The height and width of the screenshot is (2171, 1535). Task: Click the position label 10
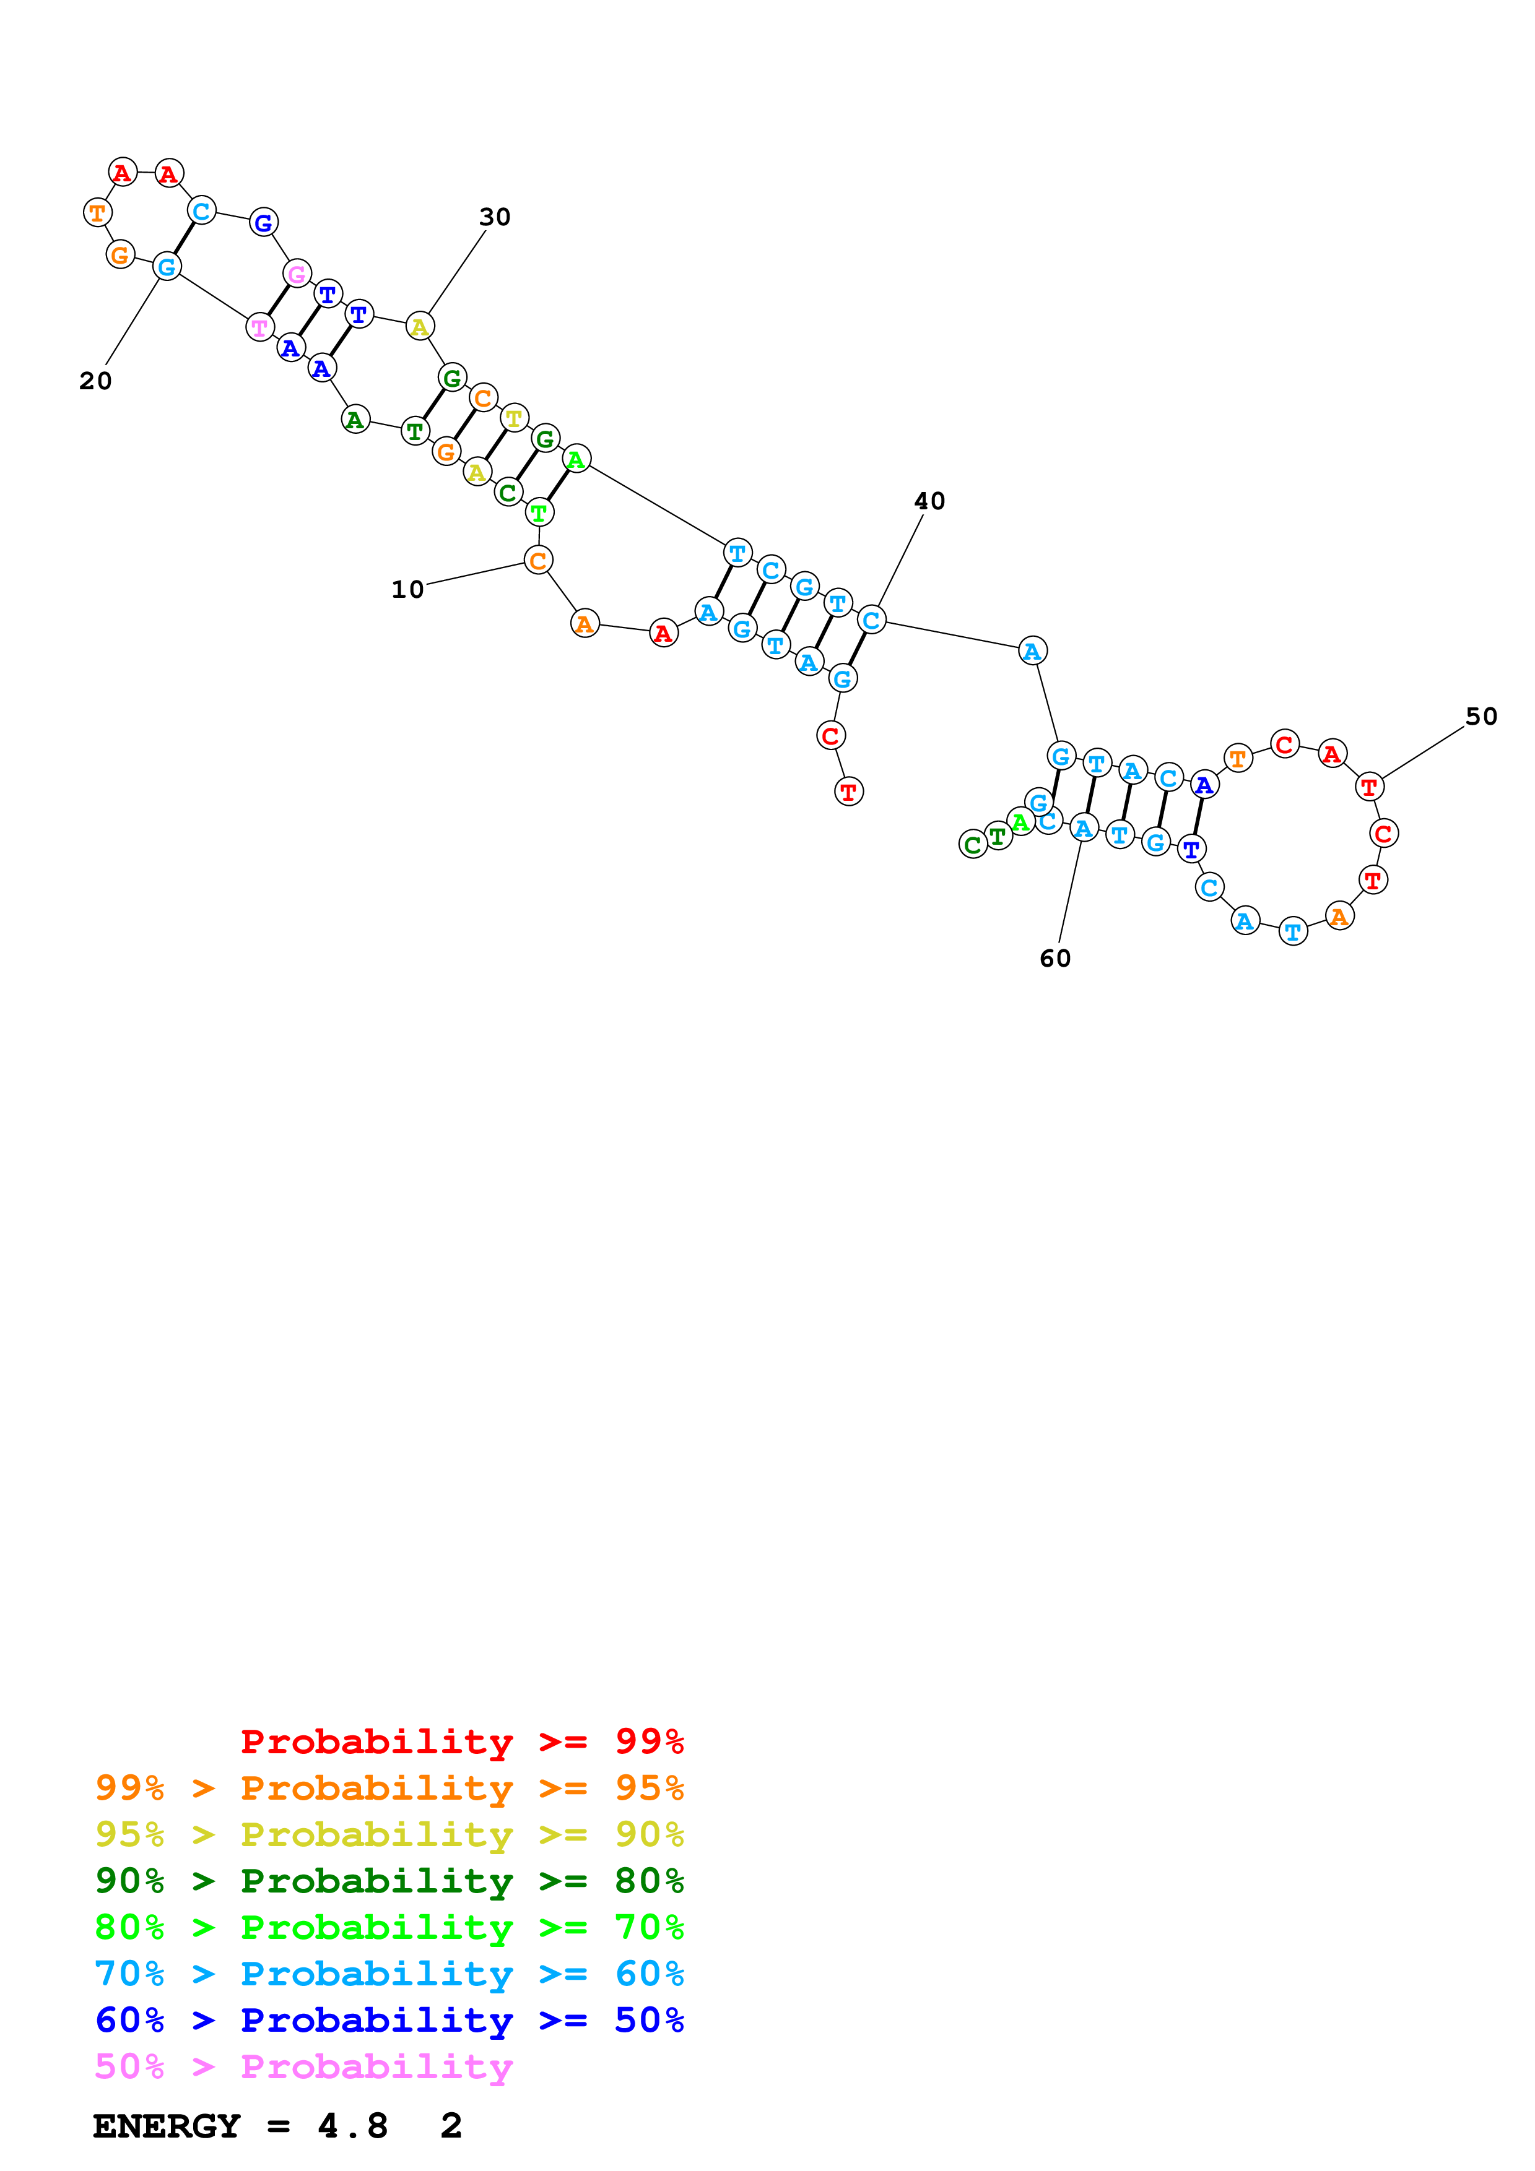pyautogui.click(x=407, y=589)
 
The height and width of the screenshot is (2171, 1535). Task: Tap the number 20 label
pyautogui.click(x=95, y=381)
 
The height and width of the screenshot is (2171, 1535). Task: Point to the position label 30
pyautogui.click(x=495, y=217)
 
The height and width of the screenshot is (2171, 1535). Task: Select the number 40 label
pyautogui.click(x=929, y=501)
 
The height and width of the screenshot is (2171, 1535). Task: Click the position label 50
pyautogui.click(x=1481, y=717)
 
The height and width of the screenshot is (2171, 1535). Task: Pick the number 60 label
pyautogui.click(x=1056, y=959)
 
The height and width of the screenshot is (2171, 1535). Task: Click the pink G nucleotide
pyautogui.click(x=297, y=274)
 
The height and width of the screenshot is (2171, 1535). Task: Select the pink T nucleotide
pyautogui.click(x=259, y=327)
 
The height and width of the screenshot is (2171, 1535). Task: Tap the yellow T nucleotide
pyautogui.click(x=513, y=417)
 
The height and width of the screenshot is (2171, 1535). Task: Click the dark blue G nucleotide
pyautogui.click(x=263, y=223)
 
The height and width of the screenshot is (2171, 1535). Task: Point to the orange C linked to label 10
pyautogui.click(x=538, y=561)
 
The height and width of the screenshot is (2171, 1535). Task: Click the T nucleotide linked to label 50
pyautogui.click(x=1368, y=787)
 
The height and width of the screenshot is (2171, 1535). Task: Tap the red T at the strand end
pyautogui.click(x=848, y=792)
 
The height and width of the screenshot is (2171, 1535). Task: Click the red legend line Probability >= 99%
pyautogui.click(x=461, y=1741)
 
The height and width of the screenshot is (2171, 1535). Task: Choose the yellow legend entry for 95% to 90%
pyautogui.click(x=389, y=1834)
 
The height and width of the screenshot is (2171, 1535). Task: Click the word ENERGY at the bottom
pyautogui.click(x=167, y=2126)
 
